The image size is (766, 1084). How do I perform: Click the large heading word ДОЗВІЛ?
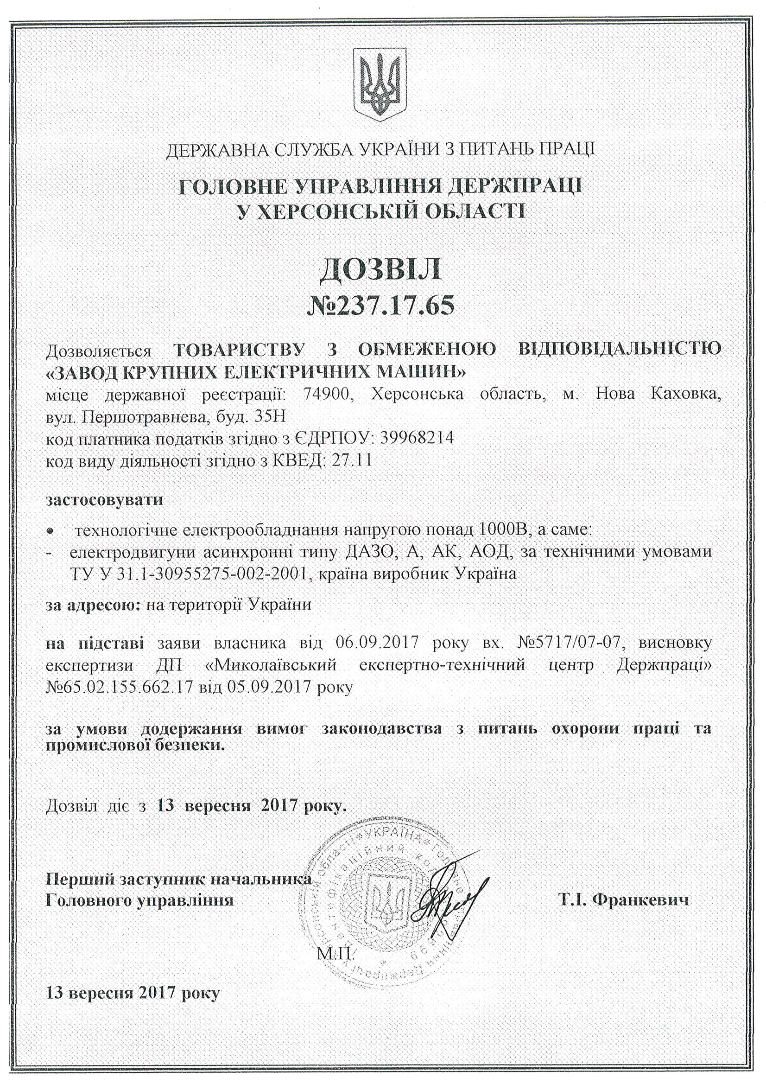point(381,269)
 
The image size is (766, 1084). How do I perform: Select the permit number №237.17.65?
point(381,306)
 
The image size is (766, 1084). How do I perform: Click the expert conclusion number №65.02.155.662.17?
point(120,686)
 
